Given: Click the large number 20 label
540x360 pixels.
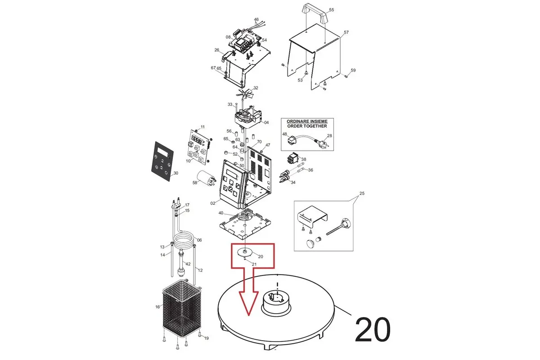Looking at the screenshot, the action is click(x=373, y=329).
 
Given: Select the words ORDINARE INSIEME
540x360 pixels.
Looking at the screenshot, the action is click(x=307, y=121).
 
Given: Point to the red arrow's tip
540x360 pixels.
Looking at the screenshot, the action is click(x=248, y=315).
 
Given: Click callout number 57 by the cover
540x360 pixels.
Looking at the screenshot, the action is click(x=346, y=32).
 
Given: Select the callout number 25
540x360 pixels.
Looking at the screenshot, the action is click(x=362, y=193).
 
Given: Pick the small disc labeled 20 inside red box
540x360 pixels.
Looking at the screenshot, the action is click(x=245, y=252).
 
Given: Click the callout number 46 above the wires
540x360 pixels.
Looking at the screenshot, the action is click(x=256, y=19).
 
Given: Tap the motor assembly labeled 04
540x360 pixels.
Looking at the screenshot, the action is click(x=248, y=117).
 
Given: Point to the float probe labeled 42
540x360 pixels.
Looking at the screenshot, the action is click(x=181, y=263).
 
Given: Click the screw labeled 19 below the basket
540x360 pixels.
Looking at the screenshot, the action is click(x=200, y=334).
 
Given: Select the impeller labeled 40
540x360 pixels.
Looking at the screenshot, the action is click(x=244, y=215).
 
